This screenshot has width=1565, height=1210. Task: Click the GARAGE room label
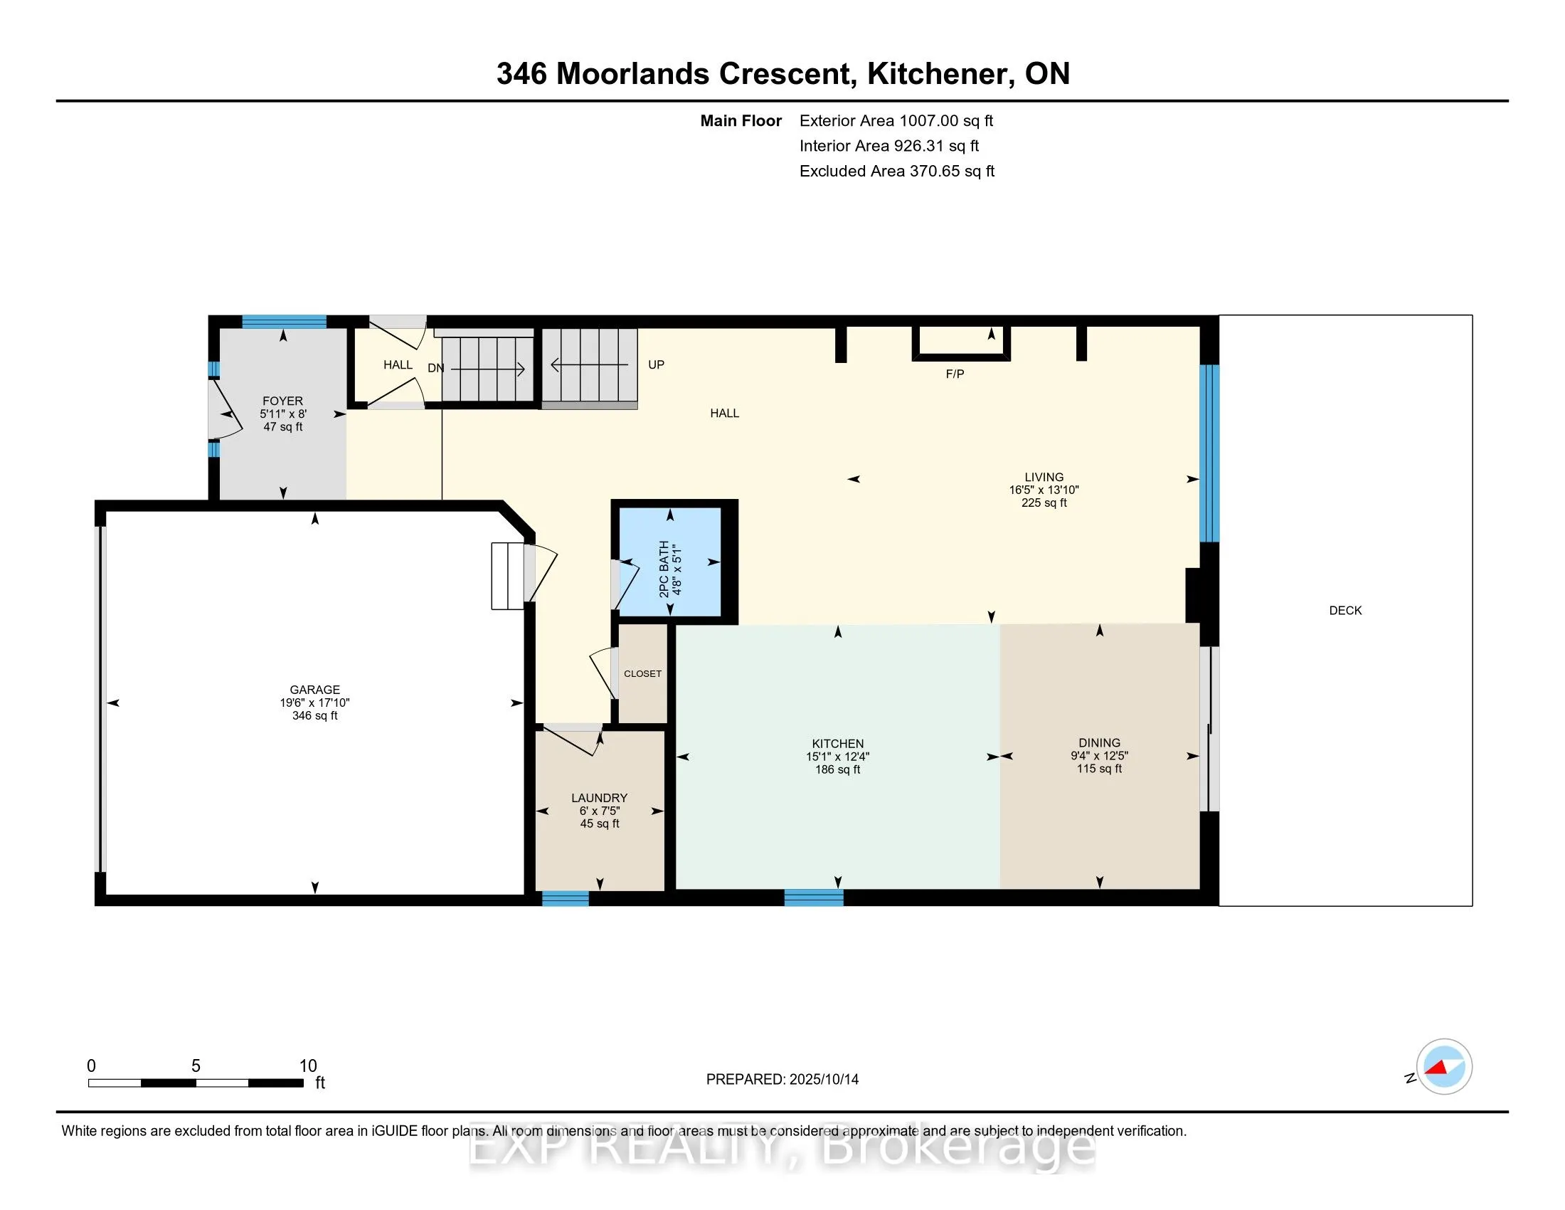[314, 690]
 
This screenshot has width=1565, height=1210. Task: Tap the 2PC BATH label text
[664, 569]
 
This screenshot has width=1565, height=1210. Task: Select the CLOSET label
[642, 674]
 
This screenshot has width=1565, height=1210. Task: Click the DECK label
[1345, 611]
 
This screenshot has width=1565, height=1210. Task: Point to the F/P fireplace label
[955, 374]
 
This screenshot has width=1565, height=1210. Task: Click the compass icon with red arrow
[1444, 1067]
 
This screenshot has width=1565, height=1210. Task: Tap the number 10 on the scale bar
[307, 1066]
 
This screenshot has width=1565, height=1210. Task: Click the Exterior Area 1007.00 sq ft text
[896, 120]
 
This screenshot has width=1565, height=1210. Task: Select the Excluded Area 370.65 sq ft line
[896, 171]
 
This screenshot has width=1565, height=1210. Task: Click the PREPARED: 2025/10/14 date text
[782, 1080]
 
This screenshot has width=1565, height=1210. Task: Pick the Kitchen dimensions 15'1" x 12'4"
[837, 756]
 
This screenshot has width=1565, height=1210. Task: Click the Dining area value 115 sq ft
[1098, 769]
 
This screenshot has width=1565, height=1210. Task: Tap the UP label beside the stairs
[656, 364]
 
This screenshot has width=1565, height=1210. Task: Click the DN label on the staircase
[435, 368]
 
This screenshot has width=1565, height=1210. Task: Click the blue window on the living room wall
[1209, 453]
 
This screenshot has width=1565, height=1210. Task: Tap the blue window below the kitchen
[813, 898]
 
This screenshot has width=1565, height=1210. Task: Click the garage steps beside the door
[507, 576]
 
